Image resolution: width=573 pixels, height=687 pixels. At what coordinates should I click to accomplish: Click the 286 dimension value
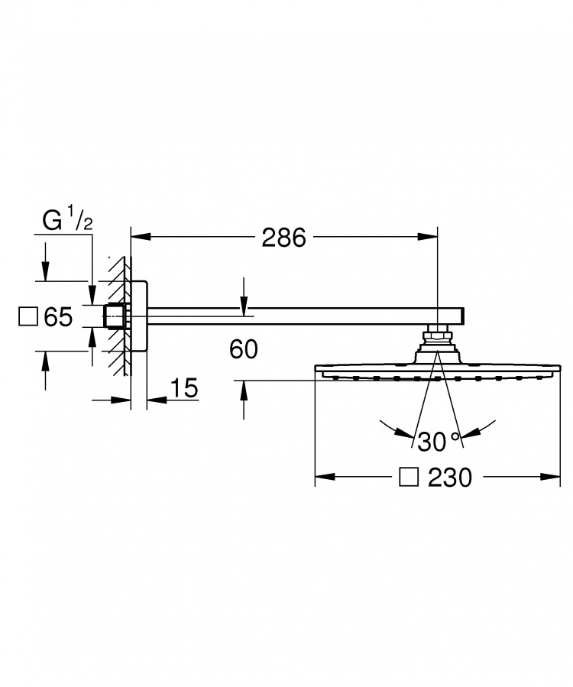pyautogui.click(x=283, y=238)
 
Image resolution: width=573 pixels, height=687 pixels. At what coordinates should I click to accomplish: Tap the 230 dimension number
pyautogui.click(x=450, y=477)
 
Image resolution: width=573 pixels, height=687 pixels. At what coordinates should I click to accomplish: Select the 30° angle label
pyautogui.click(x=438, y=441)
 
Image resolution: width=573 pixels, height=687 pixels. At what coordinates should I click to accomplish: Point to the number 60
pyautogui.click(x=244, y=349)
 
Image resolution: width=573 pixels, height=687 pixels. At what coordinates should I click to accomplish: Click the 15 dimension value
pyautogui.click(x=184, y=388)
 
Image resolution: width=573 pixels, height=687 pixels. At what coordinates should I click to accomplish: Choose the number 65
pyautogui.click(x=58, y=317)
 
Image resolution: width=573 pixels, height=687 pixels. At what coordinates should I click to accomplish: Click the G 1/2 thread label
pyautogui.click(x=67, y=220)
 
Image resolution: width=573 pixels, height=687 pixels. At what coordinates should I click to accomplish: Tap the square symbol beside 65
pyautogui.click(x=28, y=317)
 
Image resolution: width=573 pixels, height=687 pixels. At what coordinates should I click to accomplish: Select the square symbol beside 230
pyautogui.click(x=408, y=477)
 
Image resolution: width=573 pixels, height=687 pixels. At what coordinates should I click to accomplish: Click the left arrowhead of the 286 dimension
pyautogui.click(x=141, y=237)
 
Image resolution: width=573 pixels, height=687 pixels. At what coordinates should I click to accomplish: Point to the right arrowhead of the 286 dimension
pyautogui.click(x=428, y=237)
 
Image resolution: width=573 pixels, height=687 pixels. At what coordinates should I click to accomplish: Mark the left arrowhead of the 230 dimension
pyautogui.click(x=325, y=477)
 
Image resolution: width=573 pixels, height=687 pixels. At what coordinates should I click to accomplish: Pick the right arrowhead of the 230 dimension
pyautogui.click(x=550, y=477)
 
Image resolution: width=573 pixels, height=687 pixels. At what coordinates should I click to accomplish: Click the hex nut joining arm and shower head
pyautogui.click(x=437, y=336)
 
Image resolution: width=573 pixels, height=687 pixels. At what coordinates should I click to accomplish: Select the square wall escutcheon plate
pyautogui.click(x=139, y=316)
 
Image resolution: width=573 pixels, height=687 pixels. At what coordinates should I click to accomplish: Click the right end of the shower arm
pyautogui.click(x=464, y=316)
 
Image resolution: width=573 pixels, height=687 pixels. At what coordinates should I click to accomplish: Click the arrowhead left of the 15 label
pyautogui.click(x=121, y=400)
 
